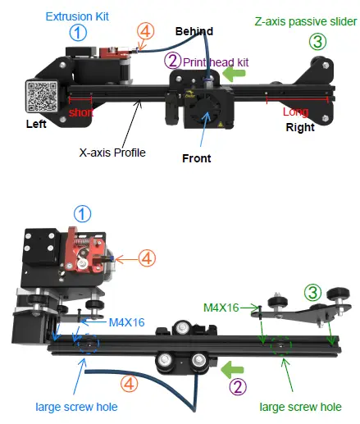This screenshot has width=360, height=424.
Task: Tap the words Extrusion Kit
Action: (x=79, y=16)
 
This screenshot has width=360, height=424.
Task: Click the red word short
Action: (x=80, y=112)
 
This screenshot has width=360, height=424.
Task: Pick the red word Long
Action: (x=295, y=112)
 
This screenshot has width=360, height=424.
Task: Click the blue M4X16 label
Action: (x=126, y=322)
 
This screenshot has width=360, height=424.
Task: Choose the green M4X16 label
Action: (x=221, y=308)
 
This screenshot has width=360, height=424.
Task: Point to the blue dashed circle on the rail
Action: (x=83, y=348)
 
